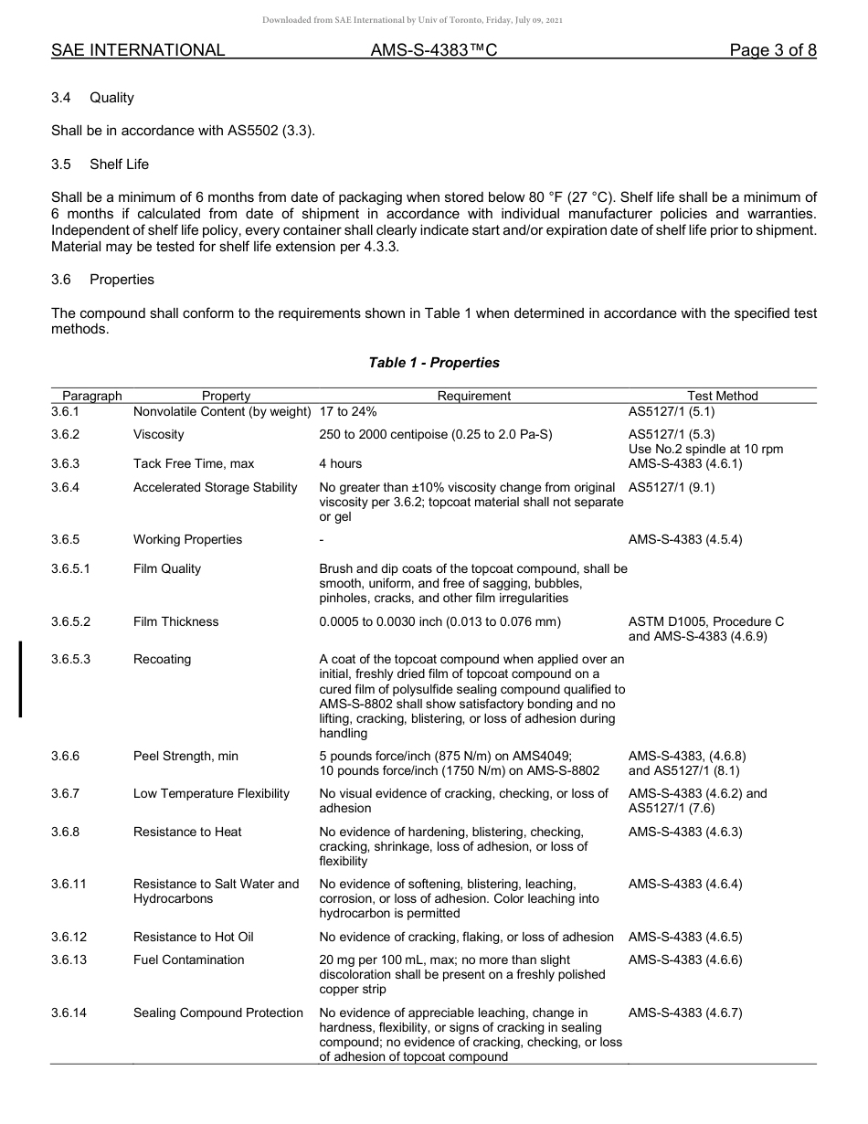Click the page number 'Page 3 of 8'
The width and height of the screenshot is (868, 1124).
773,50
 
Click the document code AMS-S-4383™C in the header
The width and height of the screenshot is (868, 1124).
434,50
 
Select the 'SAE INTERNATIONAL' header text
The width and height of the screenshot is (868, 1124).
138,50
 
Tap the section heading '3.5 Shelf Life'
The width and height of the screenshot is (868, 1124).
101,164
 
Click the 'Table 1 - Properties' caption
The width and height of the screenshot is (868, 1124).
434,363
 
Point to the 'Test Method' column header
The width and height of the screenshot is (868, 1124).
723,396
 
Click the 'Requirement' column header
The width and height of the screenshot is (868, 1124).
473,396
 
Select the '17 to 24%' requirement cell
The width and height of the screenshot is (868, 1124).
348,412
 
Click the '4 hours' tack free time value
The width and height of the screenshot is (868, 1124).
340,463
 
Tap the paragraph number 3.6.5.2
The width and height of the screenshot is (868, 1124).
71,621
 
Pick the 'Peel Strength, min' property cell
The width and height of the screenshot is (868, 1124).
185,756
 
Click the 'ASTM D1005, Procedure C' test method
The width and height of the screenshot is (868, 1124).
705,621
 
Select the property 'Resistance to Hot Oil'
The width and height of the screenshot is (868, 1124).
194,937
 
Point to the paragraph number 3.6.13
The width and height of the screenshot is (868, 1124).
69,960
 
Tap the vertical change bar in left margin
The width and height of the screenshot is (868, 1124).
20,679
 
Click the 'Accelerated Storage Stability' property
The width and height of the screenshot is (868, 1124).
216,487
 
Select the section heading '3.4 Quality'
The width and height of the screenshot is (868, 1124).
93,98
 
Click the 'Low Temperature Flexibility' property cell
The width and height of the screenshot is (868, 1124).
211,793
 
